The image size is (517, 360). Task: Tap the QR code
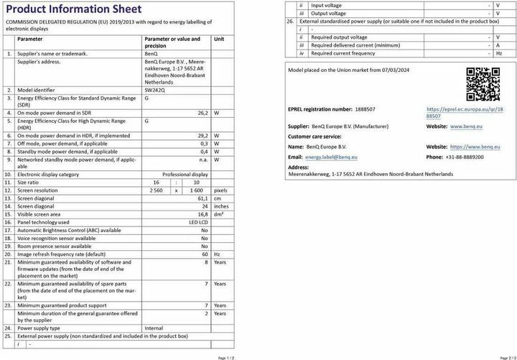(x=483, y=85)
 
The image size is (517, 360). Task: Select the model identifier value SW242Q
(x=154, y=90)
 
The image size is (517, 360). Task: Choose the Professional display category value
(x=185, y=174)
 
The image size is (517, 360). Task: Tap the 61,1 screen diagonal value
(x=202, y=198)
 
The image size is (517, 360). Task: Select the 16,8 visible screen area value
(x=202, y=214)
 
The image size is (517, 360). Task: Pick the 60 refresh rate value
(x=205, y=254)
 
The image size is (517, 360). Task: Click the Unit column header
(x=219, y=39)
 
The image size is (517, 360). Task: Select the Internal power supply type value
(x=154, y=328)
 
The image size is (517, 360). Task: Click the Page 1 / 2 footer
(x=225, y=356)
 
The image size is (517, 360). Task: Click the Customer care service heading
(x=315, y=136)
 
